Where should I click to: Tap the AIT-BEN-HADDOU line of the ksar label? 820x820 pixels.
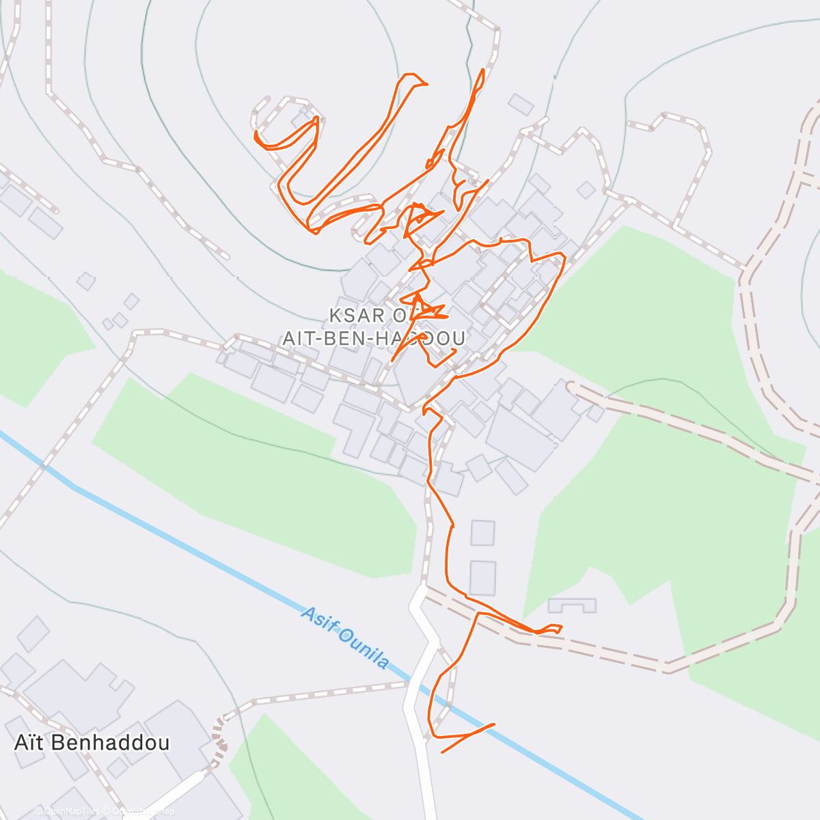point(374,338)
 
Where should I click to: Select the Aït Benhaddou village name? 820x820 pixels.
point(92,743)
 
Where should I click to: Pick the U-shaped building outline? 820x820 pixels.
point(572,605)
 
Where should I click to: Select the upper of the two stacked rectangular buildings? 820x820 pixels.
point(482,532)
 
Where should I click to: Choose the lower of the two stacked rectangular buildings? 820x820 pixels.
point(482,577)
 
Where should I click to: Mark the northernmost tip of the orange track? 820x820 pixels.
point(484,70)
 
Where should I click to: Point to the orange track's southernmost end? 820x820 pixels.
point(443,752)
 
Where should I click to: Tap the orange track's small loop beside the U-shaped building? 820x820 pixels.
point(550,629)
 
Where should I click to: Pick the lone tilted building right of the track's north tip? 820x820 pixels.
point(521,105)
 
